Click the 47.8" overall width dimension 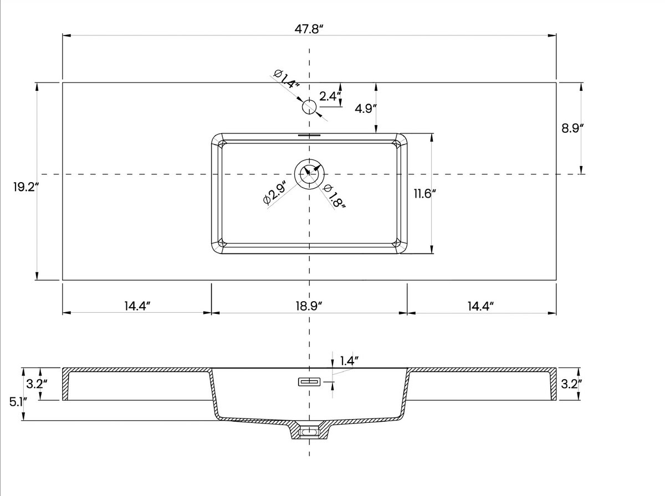tap(309, 29)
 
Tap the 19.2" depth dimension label tap(24, 187)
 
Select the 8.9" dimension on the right tap(573, 128)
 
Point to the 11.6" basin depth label tap(425, 193)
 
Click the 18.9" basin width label tap(309, 306)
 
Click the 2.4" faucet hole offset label tap(329, 95)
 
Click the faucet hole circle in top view tap(309, 107)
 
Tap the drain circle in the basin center tap(309, 174)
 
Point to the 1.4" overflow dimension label tap(349, 361)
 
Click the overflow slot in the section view tap(309, 381)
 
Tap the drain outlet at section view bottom tap(309, 430)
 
